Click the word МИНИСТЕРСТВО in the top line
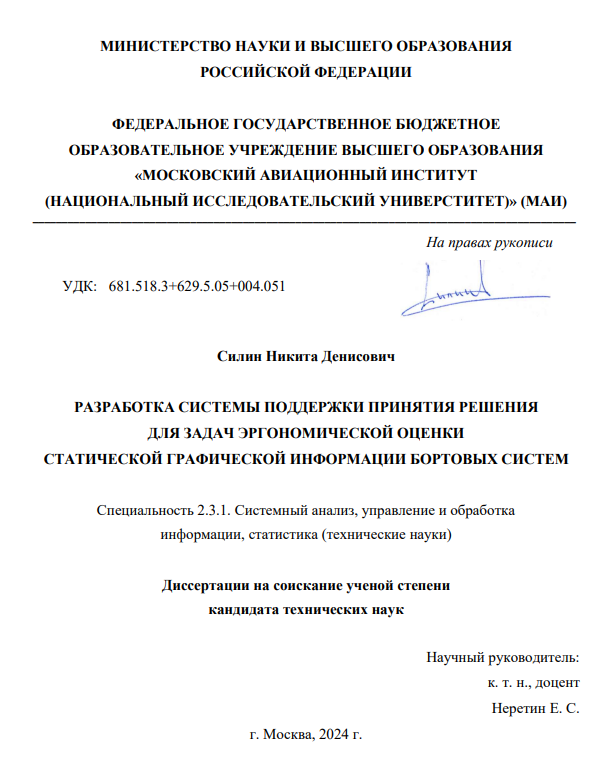[x=158, y=47]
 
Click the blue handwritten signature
[x=456, y=289]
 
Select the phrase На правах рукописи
[x=490, y=242]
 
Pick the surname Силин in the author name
[x=239, y=356]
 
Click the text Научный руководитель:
[x=502, y=658]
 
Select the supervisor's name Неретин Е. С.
[x=536, y=708]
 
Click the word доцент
[x=556, y=683]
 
